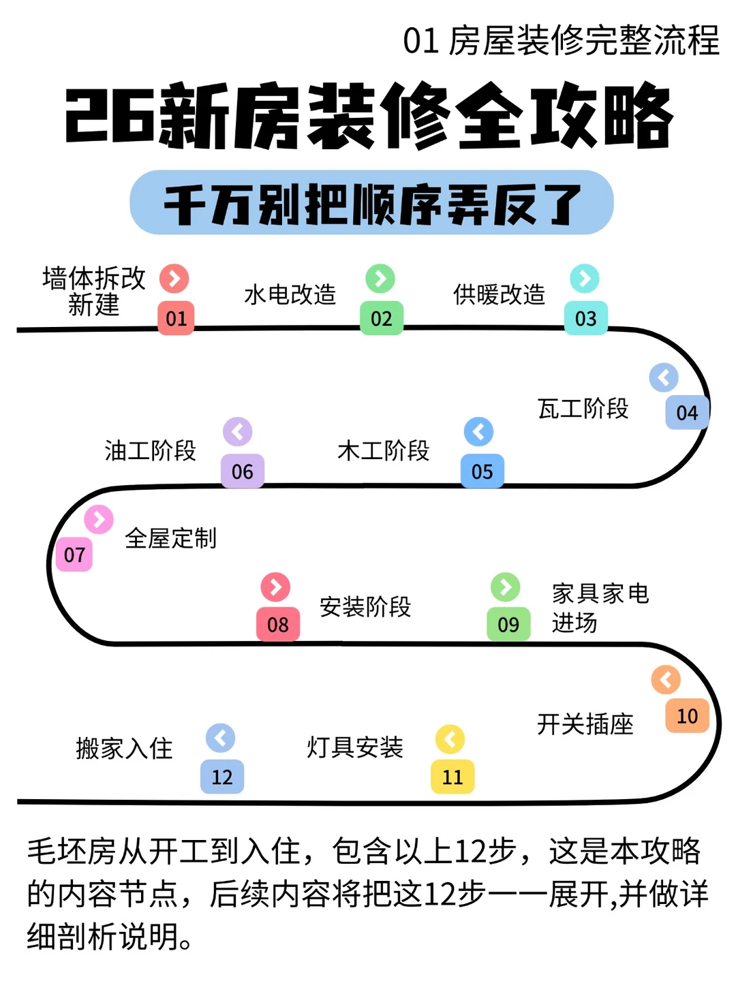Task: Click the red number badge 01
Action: (x=176, y=318)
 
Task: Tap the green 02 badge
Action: (x=382, y=318)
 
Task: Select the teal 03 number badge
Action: (x=585, y=318)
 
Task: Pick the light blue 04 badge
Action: (x=687, y=412)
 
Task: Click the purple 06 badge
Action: (x=242, y=471)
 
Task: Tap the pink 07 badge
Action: (x=74, y=555)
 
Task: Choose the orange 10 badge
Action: (x=687, y=716)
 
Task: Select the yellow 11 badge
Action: (x=453, y=777)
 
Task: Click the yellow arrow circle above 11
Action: (x=450, y=738)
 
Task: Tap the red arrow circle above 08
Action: (x=275, y=587)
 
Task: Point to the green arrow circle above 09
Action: (x=505, y=587)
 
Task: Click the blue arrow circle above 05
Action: (x=478, y=431)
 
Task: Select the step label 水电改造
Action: (x=290, y=294)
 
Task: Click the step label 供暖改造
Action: (x=500, y=294)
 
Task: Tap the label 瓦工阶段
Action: (x=583, y=409)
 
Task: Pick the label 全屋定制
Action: (x=171, y=538)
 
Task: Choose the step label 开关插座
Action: (x=585, y=724)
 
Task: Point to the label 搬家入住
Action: (x=125, y=748)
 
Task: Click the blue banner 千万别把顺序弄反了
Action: (x=371, y=203)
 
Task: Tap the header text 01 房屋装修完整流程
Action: (x=561, y=41)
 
